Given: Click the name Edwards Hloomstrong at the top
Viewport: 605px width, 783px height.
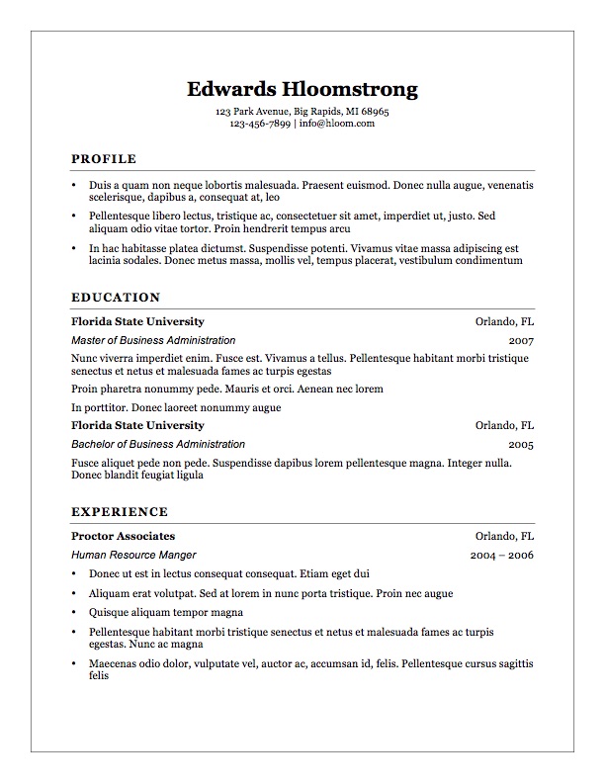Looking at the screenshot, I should [302, 89].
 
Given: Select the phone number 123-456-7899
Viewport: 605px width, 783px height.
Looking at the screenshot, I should [259, 125].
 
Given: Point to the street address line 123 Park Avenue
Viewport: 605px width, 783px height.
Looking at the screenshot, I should [302, 112].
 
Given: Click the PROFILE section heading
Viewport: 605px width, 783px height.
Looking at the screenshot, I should [104, 159].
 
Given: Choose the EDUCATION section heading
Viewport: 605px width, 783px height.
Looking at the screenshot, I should [116, 297].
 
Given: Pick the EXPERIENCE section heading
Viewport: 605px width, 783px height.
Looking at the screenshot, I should [120, 512].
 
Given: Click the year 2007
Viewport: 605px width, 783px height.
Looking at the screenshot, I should [521, 340].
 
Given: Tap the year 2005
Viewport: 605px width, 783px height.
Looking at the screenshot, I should [521, 445].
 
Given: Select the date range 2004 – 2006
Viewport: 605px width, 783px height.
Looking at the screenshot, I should [502, 556].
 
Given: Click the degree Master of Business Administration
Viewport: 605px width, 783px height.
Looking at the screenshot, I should [153, 340].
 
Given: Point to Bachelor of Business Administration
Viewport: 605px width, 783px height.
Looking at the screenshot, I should [158, 445].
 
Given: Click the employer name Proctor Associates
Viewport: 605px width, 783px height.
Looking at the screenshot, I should [123, 536].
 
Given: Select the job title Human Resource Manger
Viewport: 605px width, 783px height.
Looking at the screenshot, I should [133, 556].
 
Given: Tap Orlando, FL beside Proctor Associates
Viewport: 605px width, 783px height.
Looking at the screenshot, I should [504, 536].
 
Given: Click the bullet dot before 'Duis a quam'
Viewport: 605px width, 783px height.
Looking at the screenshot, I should [74, 186].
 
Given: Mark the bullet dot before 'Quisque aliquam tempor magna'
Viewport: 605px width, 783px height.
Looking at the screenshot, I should [74, 613].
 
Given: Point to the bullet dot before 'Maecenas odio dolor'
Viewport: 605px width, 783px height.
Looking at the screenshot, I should [74, 664].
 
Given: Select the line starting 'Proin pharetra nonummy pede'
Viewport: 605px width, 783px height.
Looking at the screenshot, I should [226, 390].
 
